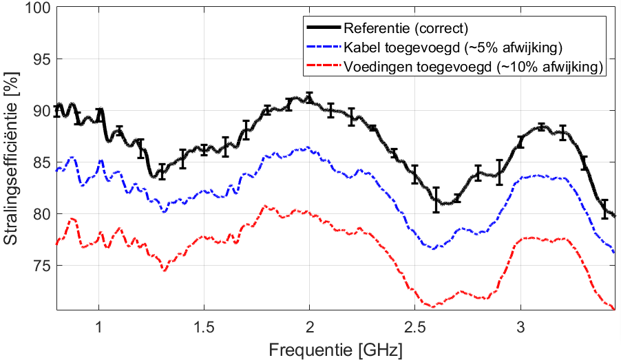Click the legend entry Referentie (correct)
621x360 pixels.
(406, 29)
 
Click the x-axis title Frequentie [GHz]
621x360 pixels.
(336, 349)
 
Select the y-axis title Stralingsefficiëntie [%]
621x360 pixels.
(12, 160)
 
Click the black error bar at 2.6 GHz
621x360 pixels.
(436, 200)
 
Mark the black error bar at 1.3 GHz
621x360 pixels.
(162, 171)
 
